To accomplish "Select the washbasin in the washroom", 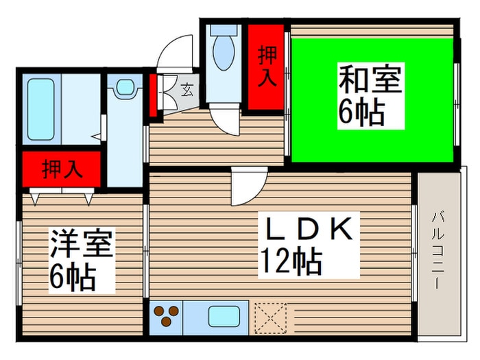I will [124, 87].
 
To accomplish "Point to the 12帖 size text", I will [291, 261].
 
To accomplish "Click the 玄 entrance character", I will [186, 88].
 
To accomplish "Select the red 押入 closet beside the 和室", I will [265, 67].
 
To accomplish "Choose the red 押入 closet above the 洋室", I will [62, 169].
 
